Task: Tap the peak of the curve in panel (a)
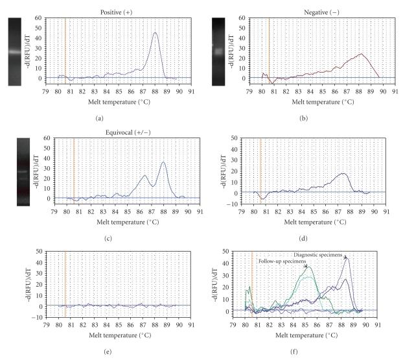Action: [x=155, y=33]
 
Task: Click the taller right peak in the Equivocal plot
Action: [x=164, y=162]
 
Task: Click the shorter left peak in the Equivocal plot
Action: [x=145, y=175]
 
